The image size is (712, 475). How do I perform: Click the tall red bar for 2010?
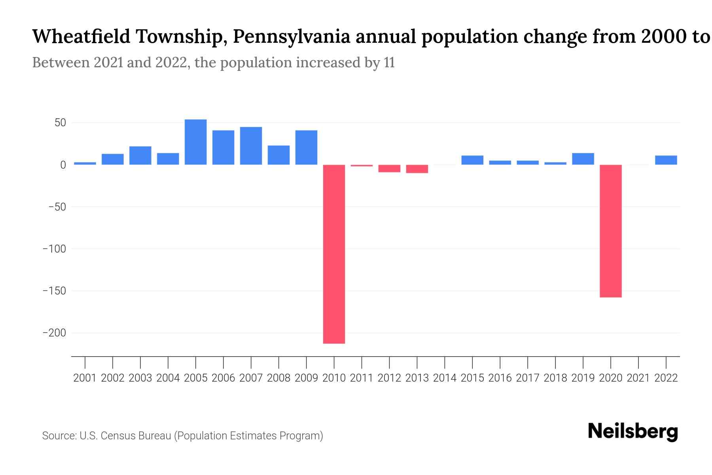coord(334,254)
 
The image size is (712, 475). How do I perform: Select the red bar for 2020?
coord(611,231)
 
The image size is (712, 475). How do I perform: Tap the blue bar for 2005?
coord(195,142)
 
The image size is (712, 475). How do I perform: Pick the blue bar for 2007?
coord(251,146)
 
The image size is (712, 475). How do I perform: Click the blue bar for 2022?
coord(666,160)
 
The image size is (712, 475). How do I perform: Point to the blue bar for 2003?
coord(140,156)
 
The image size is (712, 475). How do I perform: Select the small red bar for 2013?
coord(417,169)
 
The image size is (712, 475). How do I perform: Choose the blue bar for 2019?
coord(583,159)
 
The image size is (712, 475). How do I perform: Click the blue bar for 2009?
coord(306,147)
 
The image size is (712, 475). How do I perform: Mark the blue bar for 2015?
coord(472,160)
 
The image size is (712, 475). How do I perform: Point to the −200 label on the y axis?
coord(54,333)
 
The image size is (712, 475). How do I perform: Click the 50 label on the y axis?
coord(60,123)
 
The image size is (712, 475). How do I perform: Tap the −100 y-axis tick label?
coord(54,249)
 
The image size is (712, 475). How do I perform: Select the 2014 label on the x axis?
coord(445,378)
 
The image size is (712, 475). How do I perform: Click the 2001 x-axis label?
coord(85,378)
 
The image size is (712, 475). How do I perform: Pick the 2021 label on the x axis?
coord(638,378)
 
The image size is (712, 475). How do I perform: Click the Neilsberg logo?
coord(633,431)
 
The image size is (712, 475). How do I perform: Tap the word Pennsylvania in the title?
coord(291,37)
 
